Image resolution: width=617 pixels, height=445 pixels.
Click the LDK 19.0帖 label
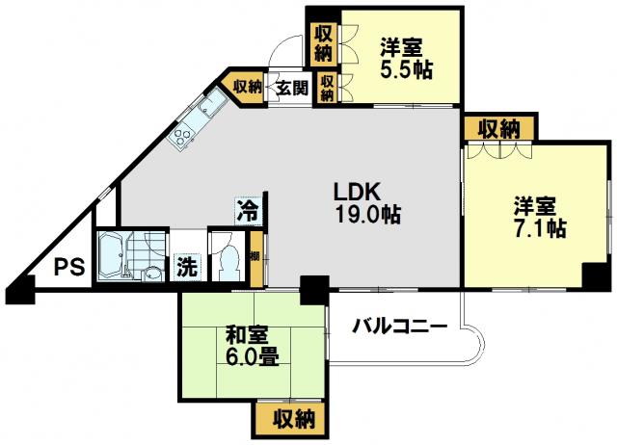pyautogui.click(x=367, y=203)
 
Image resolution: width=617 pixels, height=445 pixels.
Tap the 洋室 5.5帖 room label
pyautogui.click(x=406, y=59)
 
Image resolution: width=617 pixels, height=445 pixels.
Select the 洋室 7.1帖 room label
pyautogui.click(x=540, y=218)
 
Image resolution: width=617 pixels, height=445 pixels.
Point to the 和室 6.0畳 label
pyautogui.click(x=253, y=347)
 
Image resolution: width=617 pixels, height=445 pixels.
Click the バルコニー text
pyautogui.click(x=400, y=326)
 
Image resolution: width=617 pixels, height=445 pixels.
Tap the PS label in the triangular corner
pyautogui.click(x=68, y=268)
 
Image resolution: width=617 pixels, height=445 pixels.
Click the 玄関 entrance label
pyautogui.click(x=291, y=88)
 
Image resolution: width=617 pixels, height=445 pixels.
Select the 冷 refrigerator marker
pyautogui.click(x=249, y=211)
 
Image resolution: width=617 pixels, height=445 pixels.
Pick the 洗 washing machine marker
pyautogui.click(x=186, y=268)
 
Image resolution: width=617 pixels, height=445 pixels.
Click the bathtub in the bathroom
pyautogui.click(x=112, y=255)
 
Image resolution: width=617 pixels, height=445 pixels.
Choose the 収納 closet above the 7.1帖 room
pyautogui.click(x=499, y=127)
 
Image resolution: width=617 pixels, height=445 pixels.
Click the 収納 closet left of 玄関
pyautogui.click(x=244, y=87)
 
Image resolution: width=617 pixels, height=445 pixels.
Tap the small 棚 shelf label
pyautogui.click(x=255, y=257)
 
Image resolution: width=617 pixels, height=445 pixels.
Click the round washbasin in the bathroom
pyautogui.click(x=153, y=274)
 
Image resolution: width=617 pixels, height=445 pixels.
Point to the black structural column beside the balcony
pyautogui.click(x=314, y=291)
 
